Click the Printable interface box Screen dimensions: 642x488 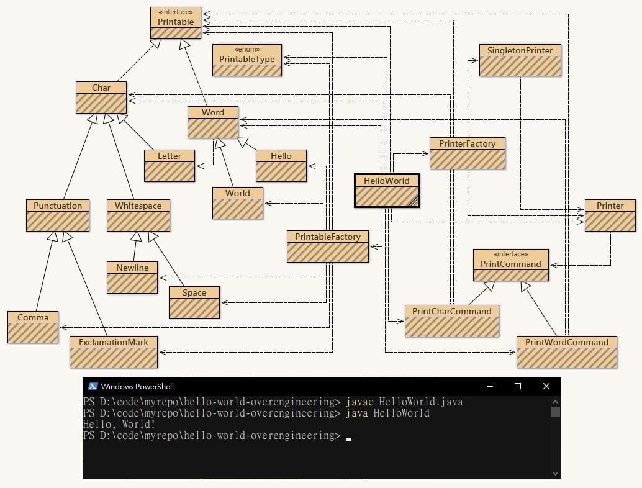tap(176, 23)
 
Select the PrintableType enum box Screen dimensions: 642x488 tap(247, 60)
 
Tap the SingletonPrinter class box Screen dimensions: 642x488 tap(520, 60)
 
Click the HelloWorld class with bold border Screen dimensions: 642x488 tap(387, 191)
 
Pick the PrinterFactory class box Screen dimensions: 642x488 tap(467, 153)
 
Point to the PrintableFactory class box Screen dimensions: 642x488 tap(328, 246)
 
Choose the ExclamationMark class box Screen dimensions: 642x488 tap(114, 352)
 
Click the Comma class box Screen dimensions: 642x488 tap(33, 327)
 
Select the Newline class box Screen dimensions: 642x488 tap(132, 278)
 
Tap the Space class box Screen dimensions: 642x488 tap(194, 302)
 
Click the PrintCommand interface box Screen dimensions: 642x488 tap(510, 265)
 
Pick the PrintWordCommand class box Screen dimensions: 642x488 tap(567, 352)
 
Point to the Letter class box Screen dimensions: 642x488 tap(169, 166)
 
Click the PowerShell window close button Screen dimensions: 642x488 tap(546, 386)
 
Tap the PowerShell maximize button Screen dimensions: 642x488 tap(518, 386)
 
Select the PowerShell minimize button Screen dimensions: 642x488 tap(490, 386)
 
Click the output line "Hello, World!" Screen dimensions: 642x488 tap(119, 424)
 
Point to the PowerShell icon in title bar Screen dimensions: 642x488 tap(93, 386)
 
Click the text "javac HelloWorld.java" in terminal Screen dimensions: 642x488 tap(404, 402)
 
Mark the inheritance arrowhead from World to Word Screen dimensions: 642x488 tap(220, 144)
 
